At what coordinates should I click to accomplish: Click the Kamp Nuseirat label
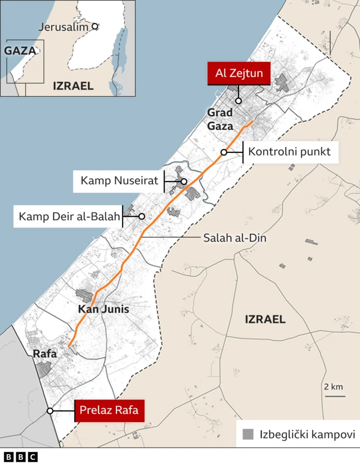click(x=119, y=181)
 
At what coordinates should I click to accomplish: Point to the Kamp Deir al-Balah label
click(x=67, y=216)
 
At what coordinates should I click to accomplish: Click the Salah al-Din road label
click(x=235, y=238)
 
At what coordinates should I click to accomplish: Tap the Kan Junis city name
click(x=103, y=309)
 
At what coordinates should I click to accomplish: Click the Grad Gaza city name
click(x=220, y=120)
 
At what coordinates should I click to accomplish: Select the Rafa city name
click(x=45, y=354)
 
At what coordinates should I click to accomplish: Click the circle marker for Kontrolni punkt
click(x=224, y=152)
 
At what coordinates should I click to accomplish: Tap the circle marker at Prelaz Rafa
click(x=50, y=411)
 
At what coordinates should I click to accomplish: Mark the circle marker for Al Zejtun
click(x=238, y=101)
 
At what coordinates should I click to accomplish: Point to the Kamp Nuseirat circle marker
click(x=184, y=181)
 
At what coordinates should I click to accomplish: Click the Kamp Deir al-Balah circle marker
click(x=142, y=216)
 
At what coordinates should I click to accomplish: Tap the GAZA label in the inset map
click(x=20, y=51)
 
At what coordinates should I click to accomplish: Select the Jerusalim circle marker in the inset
click(x=95, y=26)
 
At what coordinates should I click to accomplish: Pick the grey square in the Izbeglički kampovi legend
click(x=248, y=434)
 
